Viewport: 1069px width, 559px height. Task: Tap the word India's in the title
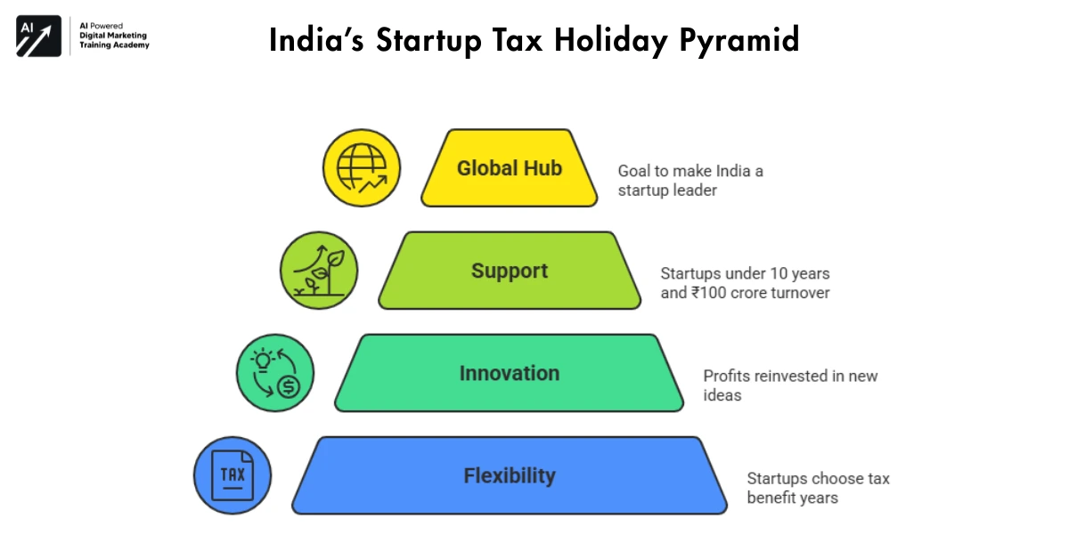click(316, 41)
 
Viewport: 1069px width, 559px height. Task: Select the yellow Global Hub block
click(509, 168)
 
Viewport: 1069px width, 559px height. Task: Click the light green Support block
click(509, 271)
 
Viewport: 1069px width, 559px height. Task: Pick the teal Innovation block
click(509, 373)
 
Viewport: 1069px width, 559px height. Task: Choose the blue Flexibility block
click(509, 475)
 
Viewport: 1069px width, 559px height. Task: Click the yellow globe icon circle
click(362, 168)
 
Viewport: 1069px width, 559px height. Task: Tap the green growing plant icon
click(319, 271)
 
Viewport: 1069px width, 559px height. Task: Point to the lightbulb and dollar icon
click(275, 373)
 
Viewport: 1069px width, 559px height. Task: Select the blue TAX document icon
click(233, 475)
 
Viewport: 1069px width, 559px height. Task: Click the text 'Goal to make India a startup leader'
click(690, 180)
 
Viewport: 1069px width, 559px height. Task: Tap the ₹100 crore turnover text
click(745, 292)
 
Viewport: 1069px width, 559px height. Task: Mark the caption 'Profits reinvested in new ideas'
click(790, 385)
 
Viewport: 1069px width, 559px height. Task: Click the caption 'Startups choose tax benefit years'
click(818, 488)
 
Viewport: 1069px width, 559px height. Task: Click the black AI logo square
click(38, 36)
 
